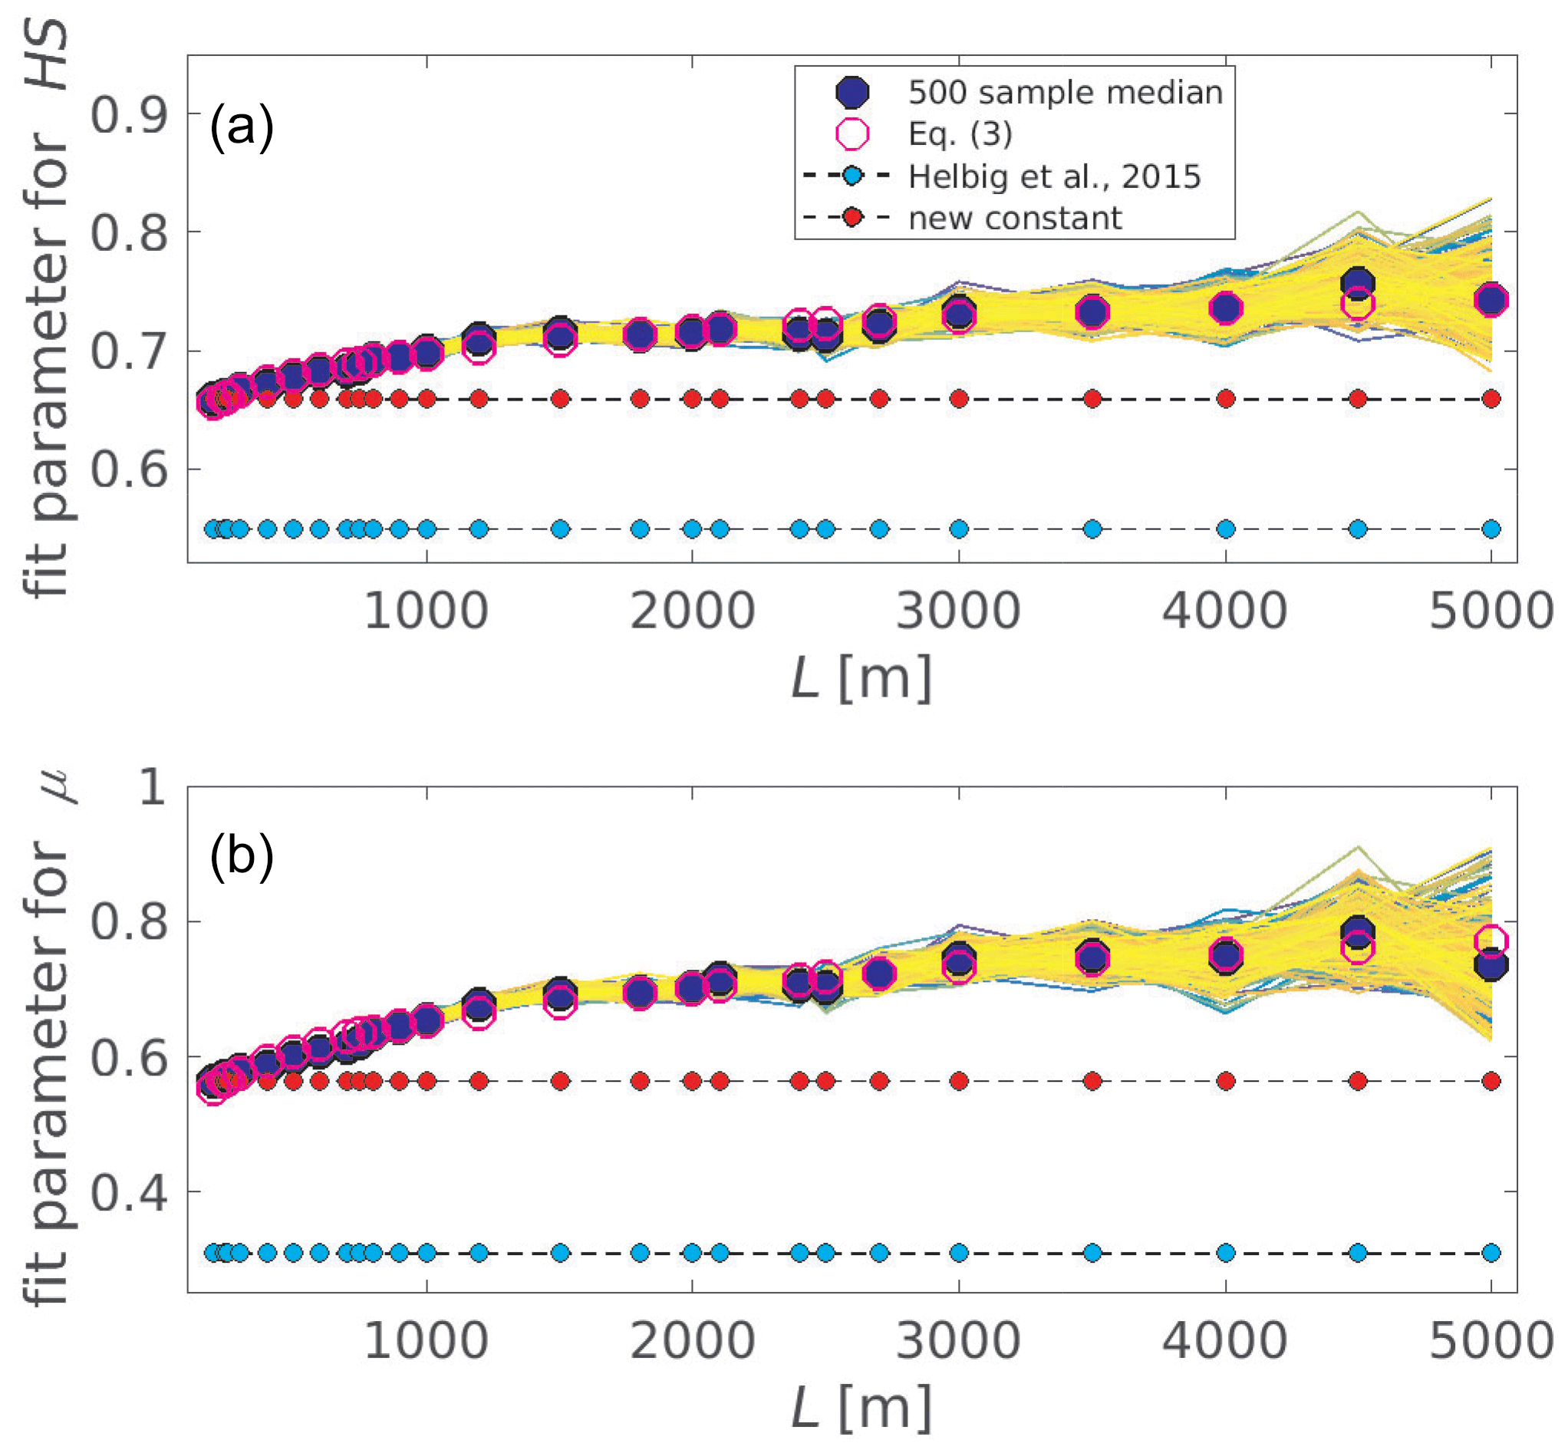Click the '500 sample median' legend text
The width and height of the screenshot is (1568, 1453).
point(1065,93)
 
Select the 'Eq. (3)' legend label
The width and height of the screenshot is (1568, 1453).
point(960,134)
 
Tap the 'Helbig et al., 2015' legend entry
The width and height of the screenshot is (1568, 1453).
point(1054,177)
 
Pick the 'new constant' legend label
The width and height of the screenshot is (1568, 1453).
point(1014,218)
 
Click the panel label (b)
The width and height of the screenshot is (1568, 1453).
point(242,856)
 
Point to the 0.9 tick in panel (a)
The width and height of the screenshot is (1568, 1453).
point(129,115)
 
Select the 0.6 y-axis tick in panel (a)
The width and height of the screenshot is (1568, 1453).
point(129,470)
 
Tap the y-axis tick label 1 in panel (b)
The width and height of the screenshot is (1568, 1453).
point(152,786)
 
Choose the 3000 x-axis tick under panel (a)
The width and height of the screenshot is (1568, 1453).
point(958,611)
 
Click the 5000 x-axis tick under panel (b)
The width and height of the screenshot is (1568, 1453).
point(1491,1341)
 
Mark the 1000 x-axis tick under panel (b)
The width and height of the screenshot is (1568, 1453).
point(427,1341)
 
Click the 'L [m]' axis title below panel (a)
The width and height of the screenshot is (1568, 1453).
point(861,677)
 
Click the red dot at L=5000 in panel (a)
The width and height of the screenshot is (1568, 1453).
point(1491,400)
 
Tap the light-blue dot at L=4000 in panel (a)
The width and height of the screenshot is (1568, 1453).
point(1225,529)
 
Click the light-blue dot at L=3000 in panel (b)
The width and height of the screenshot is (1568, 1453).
point(958,1253)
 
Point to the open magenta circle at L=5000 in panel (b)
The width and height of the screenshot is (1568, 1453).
point(1491,941)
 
